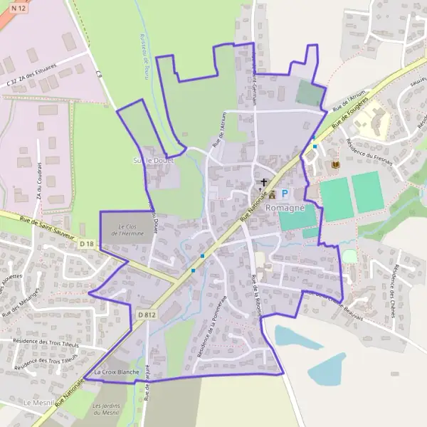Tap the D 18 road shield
click(x=86, y=244)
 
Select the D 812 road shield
click(x=146, y=314)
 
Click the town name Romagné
click(x=285, y=207)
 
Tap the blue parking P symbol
click(x=285, y=194)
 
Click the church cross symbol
click(x=265, y=182)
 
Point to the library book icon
click(x=334, y=165)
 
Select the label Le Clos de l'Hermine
click(x=127, y=229)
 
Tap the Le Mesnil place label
click(x=36, y=403)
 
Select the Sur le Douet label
click(x=152, y=160)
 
